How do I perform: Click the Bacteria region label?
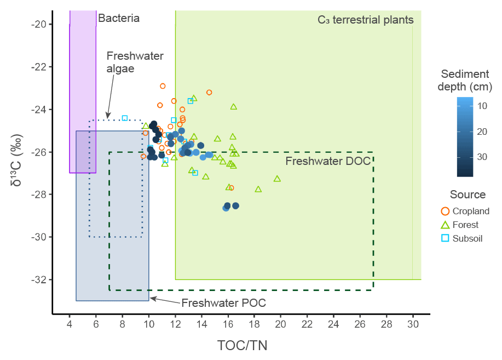click(x=119, y=19)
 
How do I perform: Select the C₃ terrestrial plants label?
click(x=365, y=20)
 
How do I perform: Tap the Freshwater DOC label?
click(x=328, y=161)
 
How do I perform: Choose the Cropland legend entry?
click(x=465, y=211)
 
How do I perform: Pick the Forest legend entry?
click(x=460, y=225)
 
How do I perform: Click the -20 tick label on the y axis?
click(x=41, y=24)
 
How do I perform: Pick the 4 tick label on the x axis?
click(x=70, y=324)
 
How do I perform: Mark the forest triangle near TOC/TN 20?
click(x=277, y=179)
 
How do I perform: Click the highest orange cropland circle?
click(x=163, y=86)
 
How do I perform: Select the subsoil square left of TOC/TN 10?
click(x=125, y=118)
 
